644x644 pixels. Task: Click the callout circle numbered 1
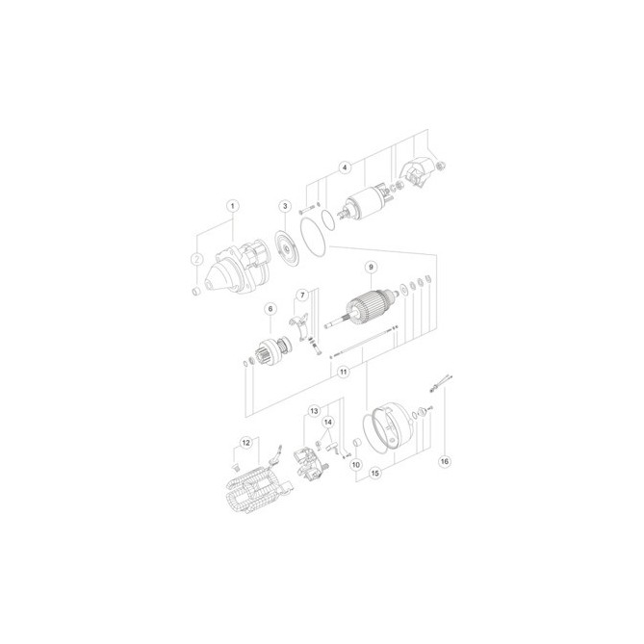click(x=233, y=206)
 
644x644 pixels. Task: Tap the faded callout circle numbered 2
click(x=197, y=259)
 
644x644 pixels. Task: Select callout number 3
click(x=285, y=206)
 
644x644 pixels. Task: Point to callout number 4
click(x=345, y=167)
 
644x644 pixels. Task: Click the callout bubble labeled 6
click(x=270, y=309)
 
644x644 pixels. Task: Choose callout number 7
click(x=302, y=295)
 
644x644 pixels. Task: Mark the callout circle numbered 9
click(x=371, y=268)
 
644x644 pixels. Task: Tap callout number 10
click(x=356, y=465)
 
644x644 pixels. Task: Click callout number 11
click(x=344, y=373)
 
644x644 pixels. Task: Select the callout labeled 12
click(x=245, y=443)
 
